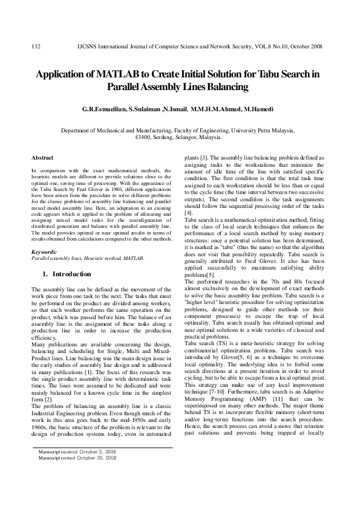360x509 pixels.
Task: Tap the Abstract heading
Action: [x=42, y=157]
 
